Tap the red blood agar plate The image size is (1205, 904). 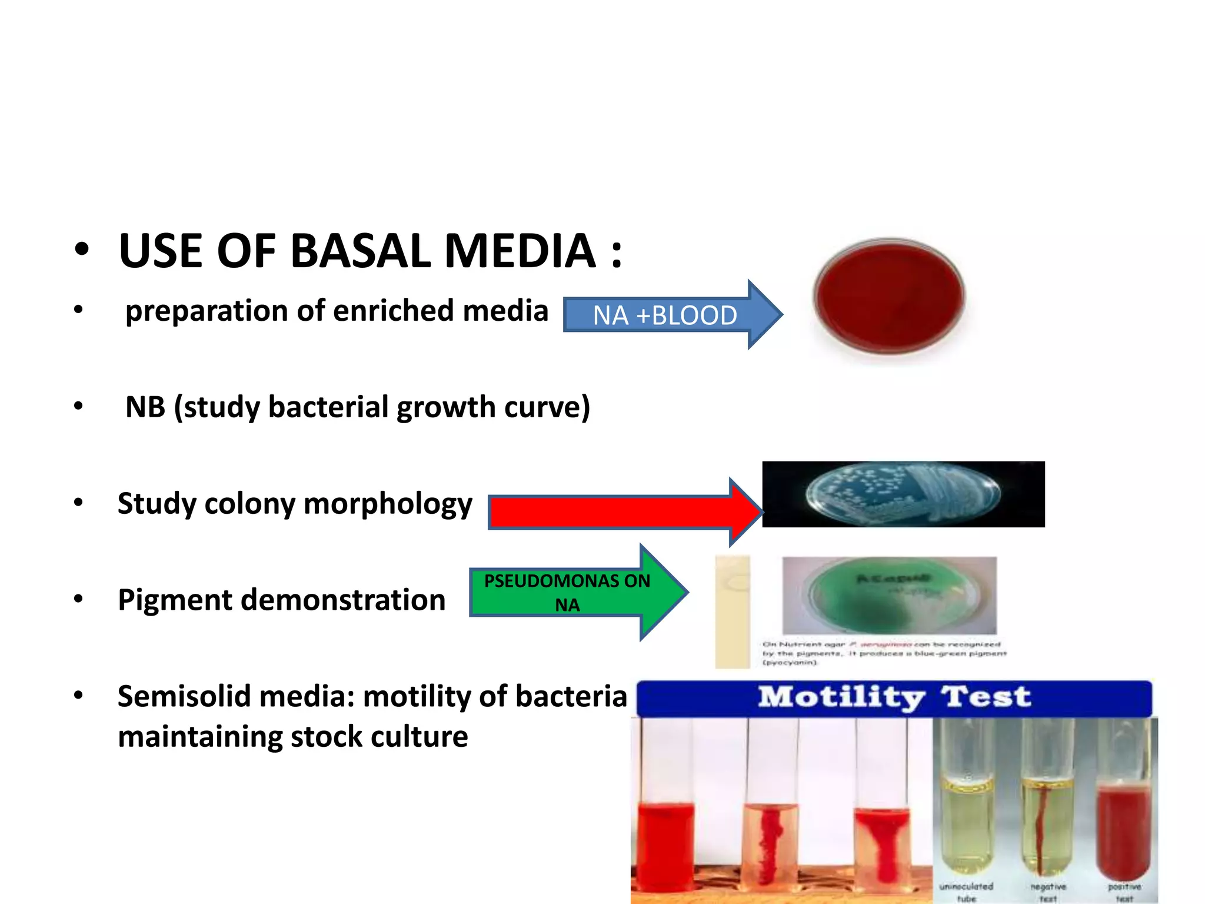click(889, 297)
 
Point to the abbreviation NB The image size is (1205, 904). click(145, 407)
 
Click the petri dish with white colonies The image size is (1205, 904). click(903, 494)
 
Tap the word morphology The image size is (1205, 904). click(388, 504)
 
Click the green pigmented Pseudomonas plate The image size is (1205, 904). click(888, 594)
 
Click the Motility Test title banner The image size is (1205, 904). click(894, 698)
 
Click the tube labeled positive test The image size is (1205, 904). click(1123, 824)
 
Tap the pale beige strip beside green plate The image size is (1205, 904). click(732, 612)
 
